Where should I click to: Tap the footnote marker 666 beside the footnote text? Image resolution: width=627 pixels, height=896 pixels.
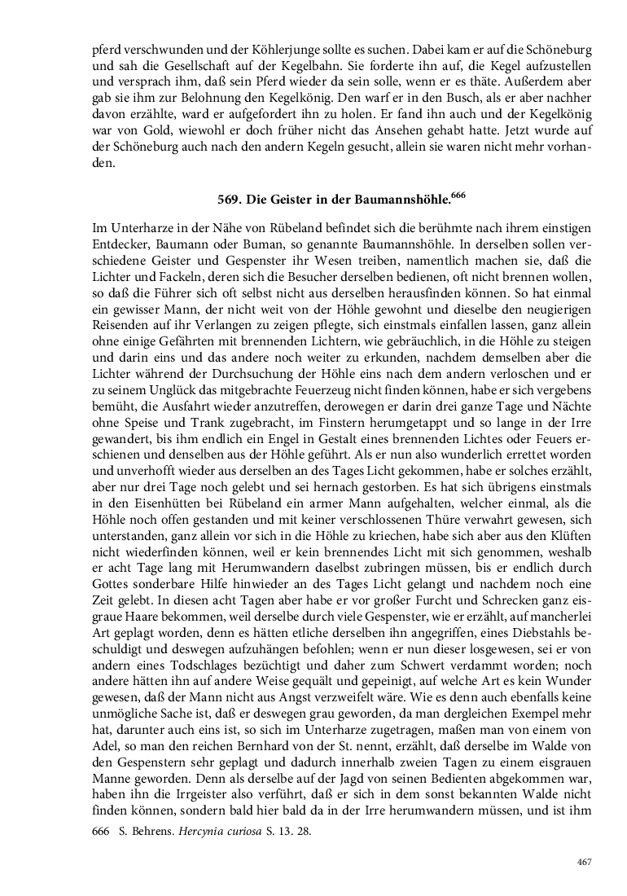point(103,832)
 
